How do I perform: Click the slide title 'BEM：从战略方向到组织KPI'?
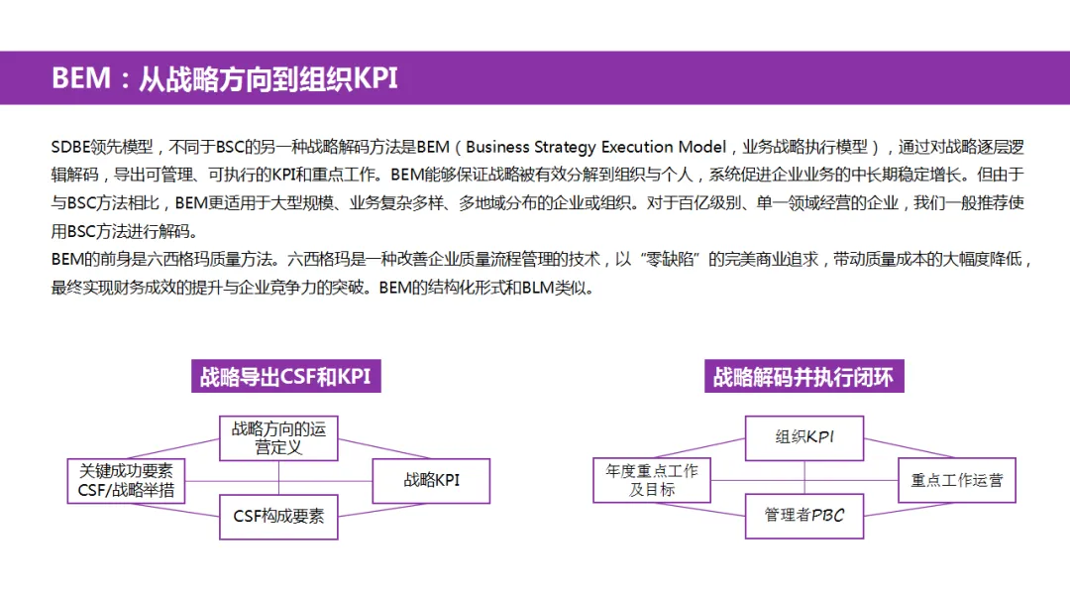[224, 78]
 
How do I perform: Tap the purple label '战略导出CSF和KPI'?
[285, 377]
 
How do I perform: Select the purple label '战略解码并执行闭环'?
[803, 377]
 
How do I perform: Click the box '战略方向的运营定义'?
[278, 438]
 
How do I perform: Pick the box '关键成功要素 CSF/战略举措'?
[125, 480]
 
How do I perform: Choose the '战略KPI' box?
[431, 480]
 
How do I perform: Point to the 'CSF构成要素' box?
[278, 516]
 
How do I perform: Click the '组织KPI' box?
[804, 437]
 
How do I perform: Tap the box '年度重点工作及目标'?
[652, 480]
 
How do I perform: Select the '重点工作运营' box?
[957, 480]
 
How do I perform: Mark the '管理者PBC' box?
[804, 516]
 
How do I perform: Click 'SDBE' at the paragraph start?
[70, 148]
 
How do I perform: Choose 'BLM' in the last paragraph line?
[524, 290]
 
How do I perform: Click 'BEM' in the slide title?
[81, 78]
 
